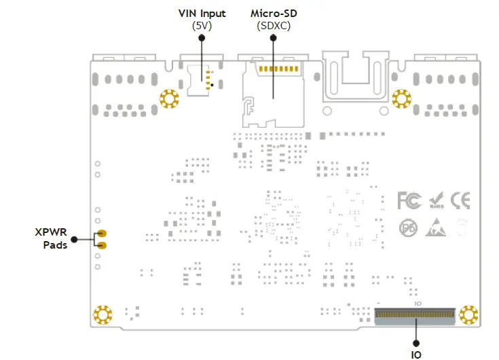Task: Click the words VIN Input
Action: pyautogui.click(x=202, y=14)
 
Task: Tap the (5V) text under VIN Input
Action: pyautogui.click(x=202, y=26)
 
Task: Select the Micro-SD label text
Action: pyautogui.click(x=273, y=14)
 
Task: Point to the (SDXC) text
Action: pyautogui.click(x=273, y=26)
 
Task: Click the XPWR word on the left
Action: pyautogui.click(x=51, y=232)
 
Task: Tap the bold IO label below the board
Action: pyautogui.click(x=416, y=353)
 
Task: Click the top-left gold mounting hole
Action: pyautogui.click(x=168, y=99)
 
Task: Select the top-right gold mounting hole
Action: pyautogui.click(x=402, y=98)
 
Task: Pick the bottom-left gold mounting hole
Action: pyautogui.click(x=103, y=315)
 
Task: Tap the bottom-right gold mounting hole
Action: pyautogui.click(x=468, y=314)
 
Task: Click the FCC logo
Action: pyautogui.click(x=409, y=200)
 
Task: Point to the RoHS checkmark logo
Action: pyautogui.click(x=436, y=200)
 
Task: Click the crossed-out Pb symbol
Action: pyautogui.click(x=407, y=227)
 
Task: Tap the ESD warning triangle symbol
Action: pyautogui.click(x=435, y=227)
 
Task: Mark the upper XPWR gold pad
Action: pyautogui.click(x=102, y=234)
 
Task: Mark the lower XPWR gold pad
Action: pyautogui.click(x=102, y=245)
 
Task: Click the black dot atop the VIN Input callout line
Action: pyautogui.click(x=202, y=38)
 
